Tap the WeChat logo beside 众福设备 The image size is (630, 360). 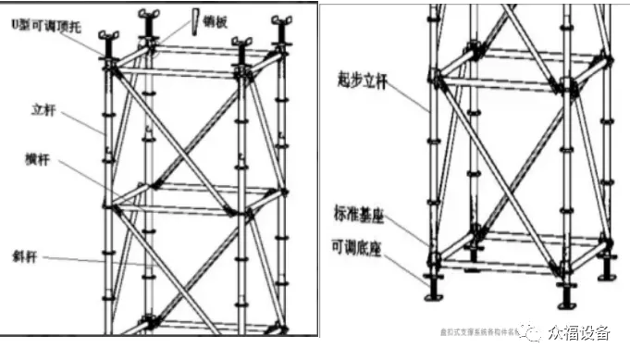point(533,331)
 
